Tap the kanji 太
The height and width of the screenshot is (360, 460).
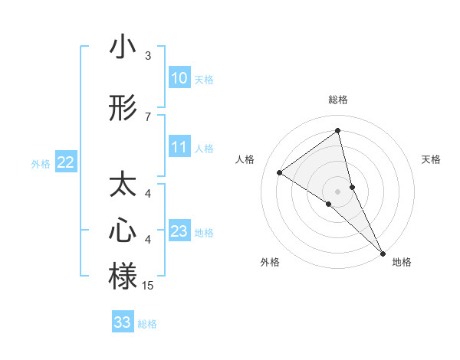123,186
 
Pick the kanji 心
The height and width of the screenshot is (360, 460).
123,231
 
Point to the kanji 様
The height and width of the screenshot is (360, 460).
123,276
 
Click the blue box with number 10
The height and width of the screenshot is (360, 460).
179,78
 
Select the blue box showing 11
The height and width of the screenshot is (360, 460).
179,147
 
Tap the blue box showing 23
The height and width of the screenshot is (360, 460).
179,231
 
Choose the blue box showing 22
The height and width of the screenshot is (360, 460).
66,162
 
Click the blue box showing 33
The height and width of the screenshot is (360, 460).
123,322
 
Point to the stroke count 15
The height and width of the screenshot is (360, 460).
148,286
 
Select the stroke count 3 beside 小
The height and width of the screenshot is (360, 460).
148,56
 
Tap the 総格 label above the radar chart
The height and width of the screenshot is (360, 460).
338,100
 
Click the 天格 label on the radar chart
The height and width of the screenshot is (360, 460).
432,159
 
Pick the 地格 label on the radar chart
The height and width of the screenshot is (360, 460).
402,262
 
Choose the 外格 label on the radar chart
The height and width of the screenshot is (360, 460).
270,262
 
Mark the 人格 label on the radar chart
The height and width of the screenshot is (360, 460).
245,159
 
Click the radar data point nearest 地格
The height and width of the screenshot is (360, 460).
383,252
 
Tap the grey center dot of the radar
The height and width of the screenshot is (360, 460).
338,190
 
